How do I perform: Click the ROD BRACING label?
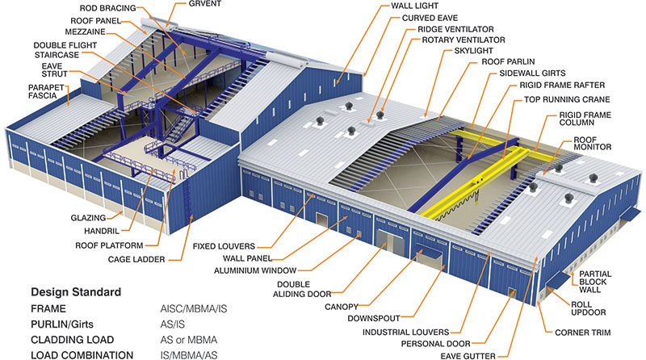point(107,8)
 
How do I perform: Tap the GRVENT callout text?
point(205,4)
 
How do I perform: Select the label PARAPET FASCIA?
point(46,91)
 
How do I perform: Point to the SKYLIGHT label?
point(473,51)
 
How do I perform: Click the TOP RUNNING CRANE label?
point(567,99)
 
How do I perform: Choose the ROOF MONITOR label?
point(593,144)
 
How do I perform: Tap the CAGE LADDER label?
point(136,259)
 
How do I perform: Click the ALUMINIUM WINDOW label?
point(255,270)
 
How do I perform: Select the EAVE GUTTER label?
point(468,356)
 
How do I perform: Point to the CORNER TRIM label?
point(582,333)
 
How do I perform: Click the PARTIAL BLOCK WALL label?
point(595,282)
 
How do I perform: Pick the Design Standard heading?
point(76,292)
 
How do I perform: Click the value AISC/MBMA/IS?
point(194,309)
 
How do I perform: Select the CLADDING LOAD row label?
point(72,340)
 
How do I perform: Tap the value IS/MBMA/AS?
point(189,355)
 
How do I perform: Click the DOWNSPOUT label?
point(374,318)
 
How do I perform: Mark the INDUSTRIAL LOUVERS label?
point(406,332)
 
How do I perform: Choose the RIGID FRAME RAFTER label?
point(562,86)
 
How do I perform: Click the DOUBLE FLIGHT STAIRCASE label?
point(65,50)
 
